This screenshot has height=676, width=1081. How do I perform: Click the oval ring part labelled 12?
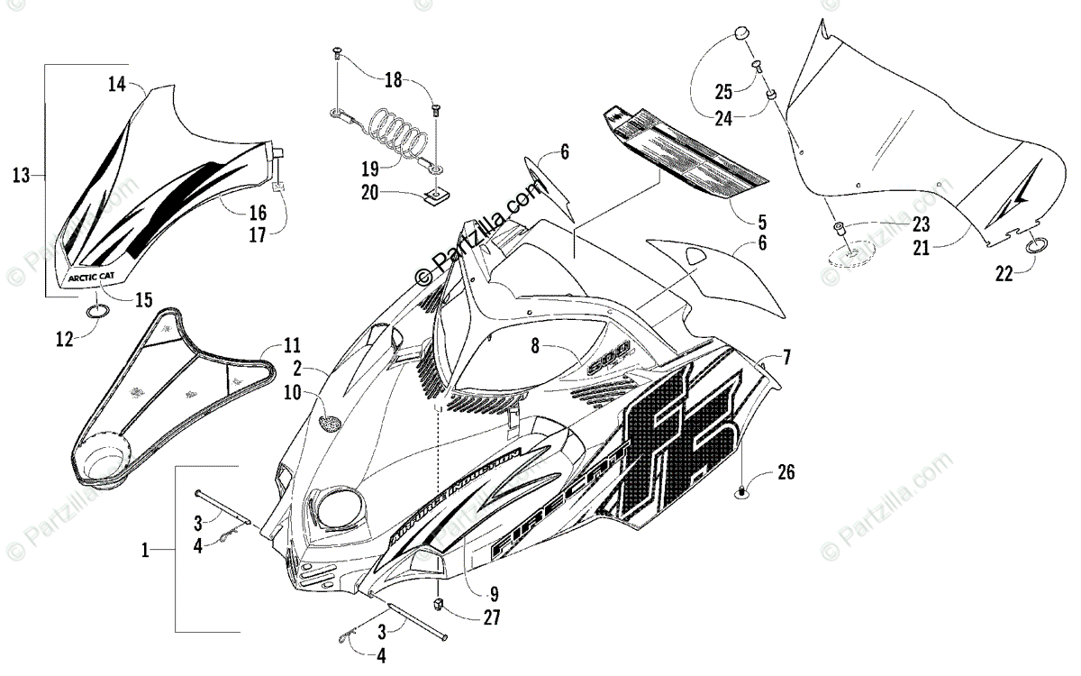(98, 312)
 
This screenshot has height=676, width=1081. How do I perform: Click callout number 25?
(724, 90)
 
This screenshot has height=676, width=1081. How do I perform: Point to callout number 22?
(1004, 274)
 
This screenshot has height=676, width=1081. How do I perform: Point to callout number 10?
(293, 392)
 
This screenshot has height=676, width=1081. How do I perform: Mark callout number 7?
(786, 357)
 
